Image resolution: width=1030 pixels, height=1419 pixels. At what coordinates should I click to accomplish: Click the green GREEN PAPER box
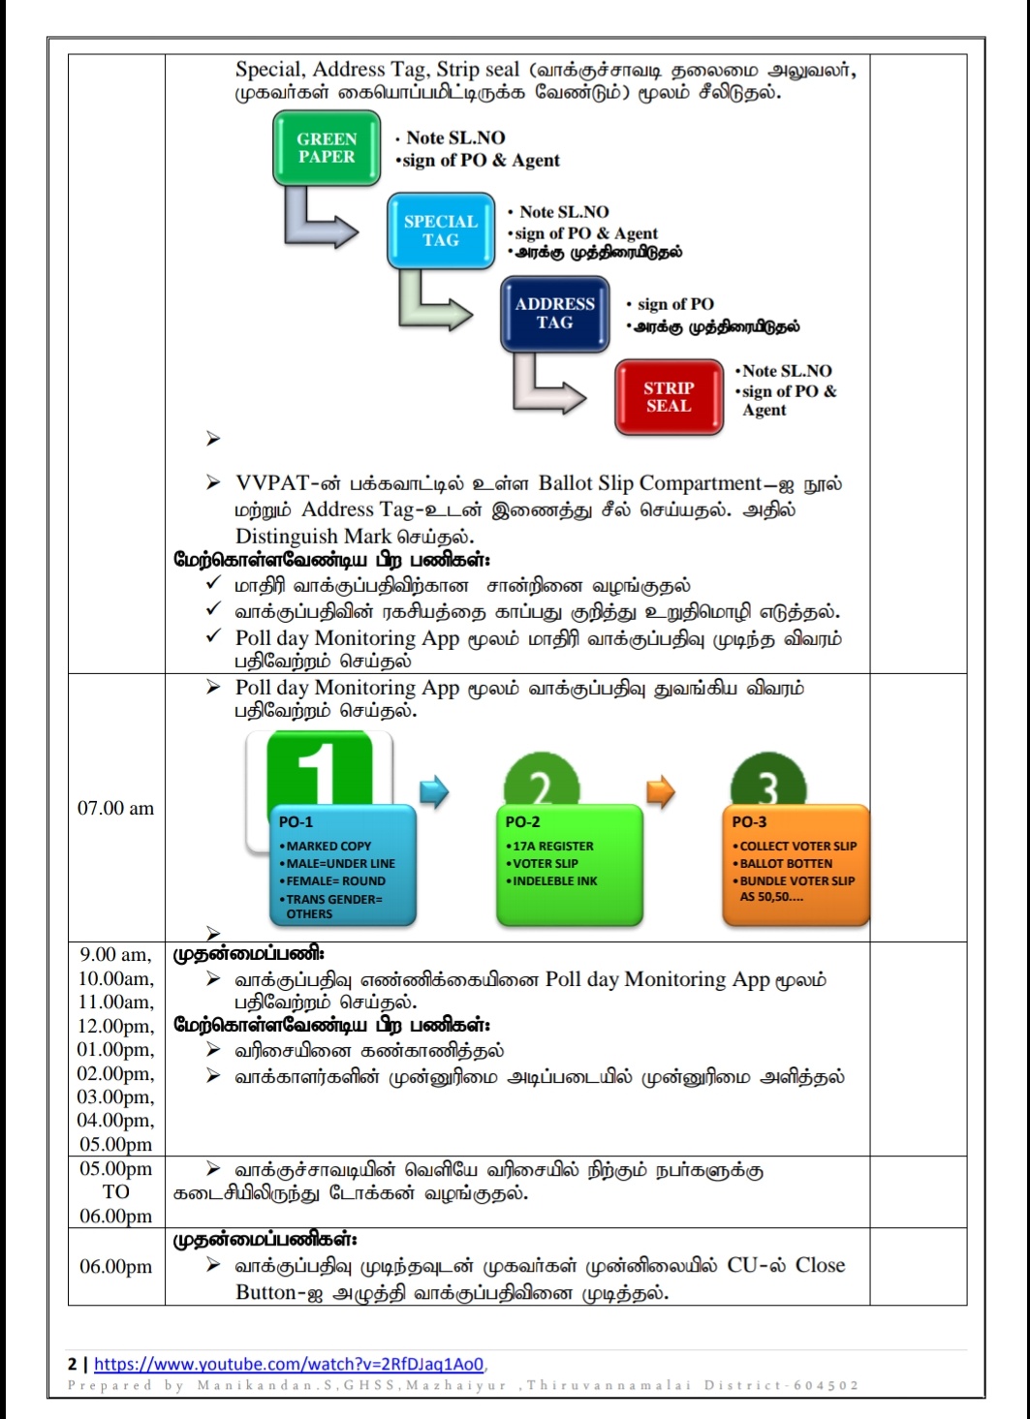[x=327, y=148]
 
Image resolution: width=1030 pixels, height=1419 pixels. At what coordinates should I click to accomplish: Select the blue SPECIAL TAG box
[x=441, y=231]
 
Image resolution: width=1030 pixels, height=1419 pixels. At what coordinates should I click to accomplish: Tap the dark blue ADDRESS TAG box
[x=554, y=314]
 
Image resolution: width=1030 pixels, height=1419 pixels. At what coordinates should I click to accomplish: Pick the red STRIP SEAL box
[x=669, y=397]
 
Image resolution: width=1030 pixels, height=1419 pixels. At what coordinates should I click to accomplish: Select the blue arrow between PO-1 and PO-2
[x=434, y=791]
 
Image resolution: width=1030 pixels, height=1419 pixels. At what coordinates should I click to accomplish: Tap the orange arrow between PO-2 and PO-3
[x=660, y=791]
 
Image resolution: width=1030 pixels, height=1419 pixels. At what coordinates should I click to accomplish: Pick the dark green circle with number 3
[x=767, y=785]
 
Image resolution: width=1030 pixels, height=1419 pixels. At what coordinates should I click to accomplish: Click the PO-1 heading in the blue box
[x=296, y=821]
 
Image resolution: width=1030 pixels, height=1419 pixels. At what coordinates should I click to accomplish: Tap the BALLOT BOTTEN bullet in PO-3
[x=785, y=863]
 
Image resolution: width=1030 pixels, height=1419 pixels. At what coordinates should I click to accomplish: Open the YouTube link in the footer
[x=289, y=1364]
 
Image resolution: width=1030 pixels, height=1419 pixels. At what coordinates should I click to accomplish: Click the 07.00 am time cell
[x=115, y=808]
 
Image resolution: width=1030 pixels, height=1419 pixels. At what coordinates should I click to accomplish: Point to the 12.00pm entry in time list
[x=115, y=1026]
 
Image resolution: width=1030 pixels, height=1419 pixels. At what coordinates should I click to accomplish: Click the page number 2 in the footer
[x=72, y=1364]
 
